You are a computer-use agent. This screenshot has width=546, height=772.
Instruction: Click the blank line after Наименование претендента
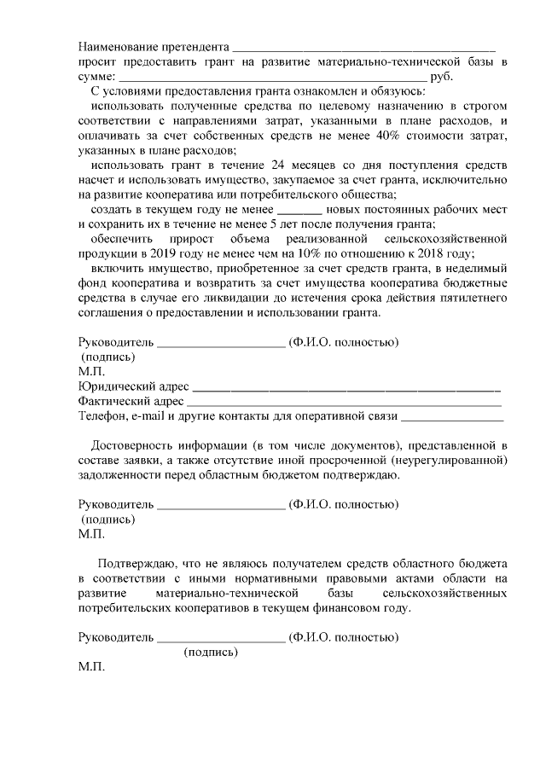pos(363,48)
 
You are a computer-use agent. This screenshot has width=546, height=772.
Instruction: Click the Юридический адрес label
pos(133,386)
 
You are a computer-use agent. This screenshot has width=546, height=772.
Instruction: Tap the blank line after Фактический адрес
pos(344,403)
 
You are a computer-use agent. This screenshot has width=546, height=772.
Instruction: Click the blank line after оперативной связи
pos(452,418)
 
